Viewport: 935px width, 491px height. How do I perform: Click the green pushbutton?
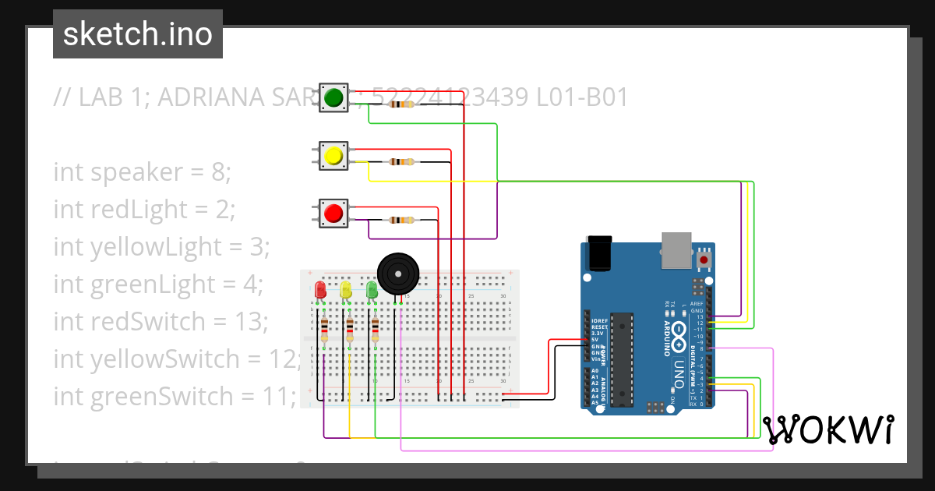pyautogui.click(x=333, y=97)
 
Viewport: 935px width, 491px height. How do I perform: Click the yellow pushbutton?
pyautogui.click(x=333, y=156)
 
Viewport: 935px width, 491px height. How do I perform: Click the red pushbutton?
pyautogui.click(x=333, y=213)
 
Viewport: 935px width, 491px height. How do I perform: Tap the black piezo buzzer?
pyautogui.click(x=397, y=274)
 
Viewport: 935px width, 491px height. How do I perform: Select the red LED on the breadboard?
pyautogui.click(x=320, y=290)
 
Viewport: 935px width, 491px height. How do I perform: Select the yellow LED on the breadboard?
pyautogui.click(x=346, y=290)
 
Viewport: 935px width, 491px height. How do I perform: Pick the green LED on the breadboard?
pyautogui.click(x=372, y=290)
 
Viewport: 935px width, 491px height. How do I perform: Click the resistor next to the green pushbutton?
pyautogui.click(x=402, y=104)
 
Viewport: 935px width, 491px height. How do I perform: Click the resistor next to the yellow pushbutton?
pyautogui.click(x=402, y=162)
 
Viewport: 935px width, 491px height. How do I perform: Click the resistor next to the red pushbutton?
pyautogui.click(x=402, y=220)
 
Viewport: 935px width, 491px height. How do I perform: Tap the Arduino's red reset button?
pyautogui.click(x=704, y=259)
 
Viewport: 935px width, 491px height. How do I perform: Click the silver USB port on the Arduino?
pyautogui.click(x=676, y=245)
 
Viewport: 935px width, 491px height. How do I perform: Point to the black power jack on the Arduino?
pyautogui.click(x=600, y=253)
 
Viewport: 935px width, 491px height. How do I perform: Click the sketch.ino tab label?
pyautogui.click(x=138, y=34)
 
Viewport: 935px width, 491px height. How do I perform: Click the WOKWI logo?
pyautogui.click(x=827, y=430)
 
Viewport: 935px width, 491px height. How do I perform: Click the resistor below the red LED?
pyautogui.click(x=324, y=330)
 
